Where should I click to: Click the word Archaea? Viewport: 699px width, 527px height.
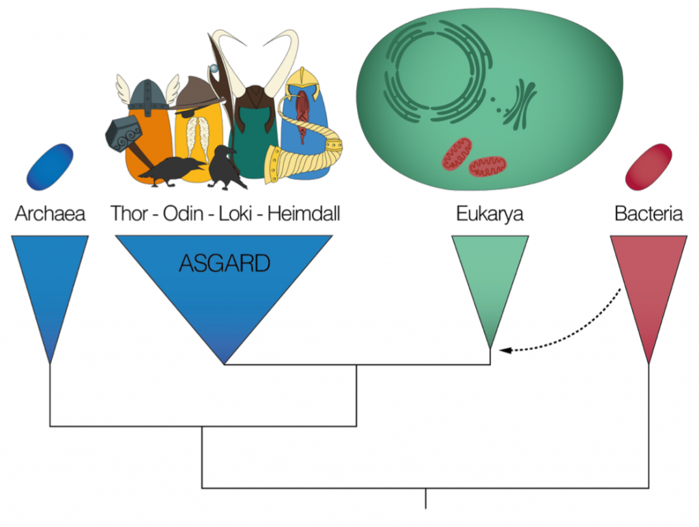[50, 214]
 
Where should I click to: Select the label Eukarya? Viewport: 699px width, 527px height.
[489, 214]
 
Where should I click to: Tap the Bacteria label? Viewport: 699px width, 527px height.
[648, 214]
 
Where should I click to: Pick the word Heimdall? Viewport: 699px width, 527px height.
[303, 214]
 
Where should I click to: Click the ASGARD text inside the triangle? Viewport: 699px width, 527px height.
[224, 263]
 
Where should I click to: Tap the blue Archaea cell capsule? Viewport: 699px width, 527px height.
[50, 166]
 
